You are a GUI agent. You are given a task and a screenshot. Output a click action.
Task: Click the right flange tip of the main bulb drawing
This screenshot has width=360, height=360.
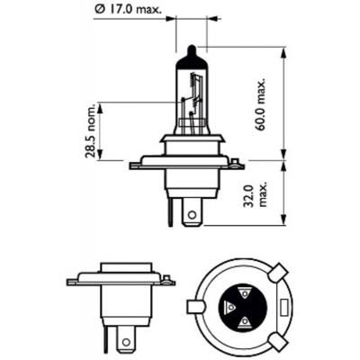click(x=241, y=165)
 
